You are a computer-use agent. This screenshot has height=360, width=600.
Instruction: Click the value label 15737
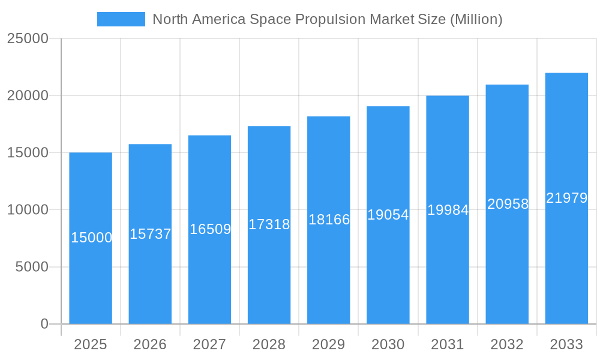(151, 234)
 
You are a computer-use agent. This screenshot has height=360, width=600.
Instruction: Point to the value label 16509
(210, 229)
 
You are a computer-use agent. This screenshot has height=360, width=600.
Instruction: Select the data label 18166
(329, 220)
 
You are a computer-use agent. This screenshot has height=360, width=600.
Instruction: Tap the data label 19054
(388, 215)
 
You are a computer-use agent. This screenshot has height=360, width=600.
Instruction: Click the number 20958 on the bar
(508, 204)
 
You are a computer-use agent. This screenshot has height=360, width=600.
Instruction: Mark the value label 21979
(566, 198)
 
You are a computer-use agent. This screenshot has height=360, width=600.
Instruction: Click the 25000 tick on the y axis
(28, 38)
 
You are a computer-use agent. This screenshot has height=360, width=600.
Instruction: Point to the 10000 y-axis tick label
(28, 210)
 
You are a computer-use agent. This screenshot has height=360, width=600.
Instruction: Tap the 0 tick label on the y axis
(44, 324)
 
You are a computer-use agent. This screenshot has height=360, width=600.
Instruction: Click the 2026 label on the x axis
(150, 344)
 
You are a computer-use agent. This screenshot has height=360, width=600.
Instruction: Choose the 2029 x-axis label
(329, 344)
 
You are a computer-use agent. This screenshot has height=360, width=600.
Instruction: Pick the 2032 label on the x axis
(507, 344)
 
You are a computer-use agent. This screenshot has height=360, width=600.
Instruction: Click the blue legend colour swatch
(121, 19)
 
